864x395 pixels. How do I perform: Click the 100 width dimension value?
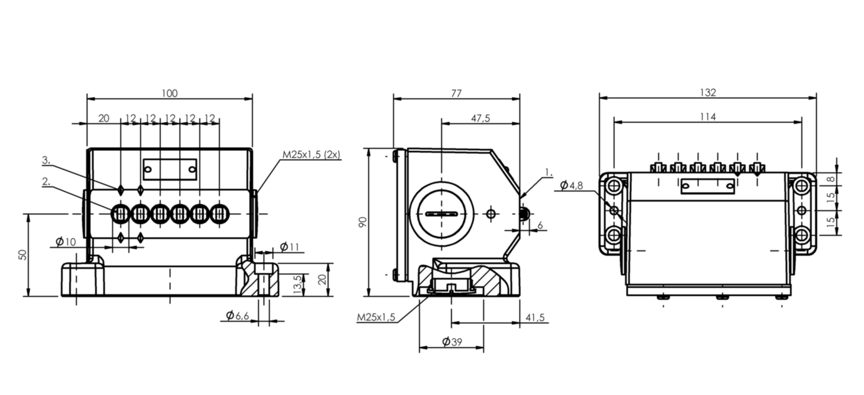169,93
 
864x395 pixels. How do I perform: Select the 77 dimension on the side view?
456,93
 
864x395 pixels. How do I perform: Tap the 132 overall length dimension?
707,93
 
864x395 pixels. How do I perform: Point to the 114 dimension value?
707,116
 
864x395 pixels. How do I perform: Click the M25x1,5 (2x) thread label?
311,155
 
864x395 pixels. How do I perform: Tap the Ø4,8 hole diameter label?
572,185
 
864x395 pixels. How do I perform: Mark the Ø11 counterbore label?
289,247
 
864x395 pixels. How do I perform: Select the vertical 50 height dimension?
23,255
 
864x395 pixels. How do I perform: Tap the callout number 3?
46,161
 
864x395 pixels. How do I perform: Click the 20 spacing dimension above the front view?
104,118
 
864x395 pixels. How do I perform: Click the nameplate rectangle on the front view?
170,168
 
